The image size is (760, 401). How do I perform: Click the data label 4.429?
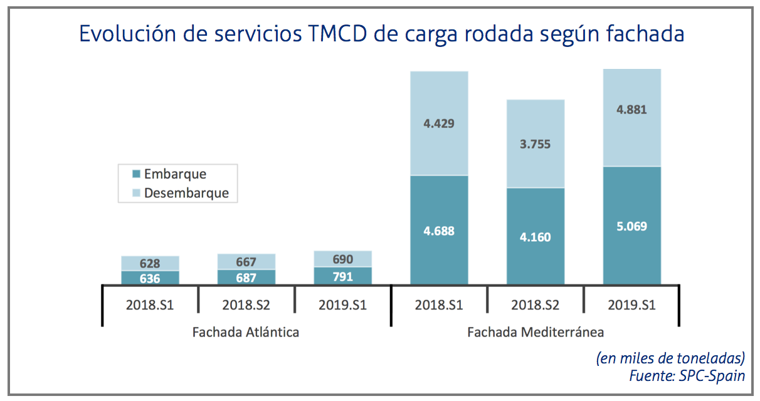439,123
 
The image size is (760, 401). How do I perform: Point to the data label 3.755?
536,144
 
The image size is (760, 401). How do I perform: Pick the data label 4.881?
632,110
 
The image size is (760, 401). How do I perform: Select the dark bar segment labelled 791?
342,276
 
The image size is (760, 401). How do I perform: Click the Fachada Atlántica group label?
246,332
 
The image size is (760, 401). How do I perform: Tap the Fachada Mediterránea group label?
536,332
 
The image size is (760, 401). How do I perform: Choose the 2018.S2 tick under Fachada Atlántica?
246,306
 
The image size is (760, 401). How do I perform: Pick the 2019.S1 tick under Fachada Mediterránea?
632,306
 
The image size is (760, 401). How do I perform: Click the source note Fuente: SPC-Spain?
687,376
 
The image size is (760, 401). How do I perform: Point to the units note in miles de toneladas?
670,358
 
